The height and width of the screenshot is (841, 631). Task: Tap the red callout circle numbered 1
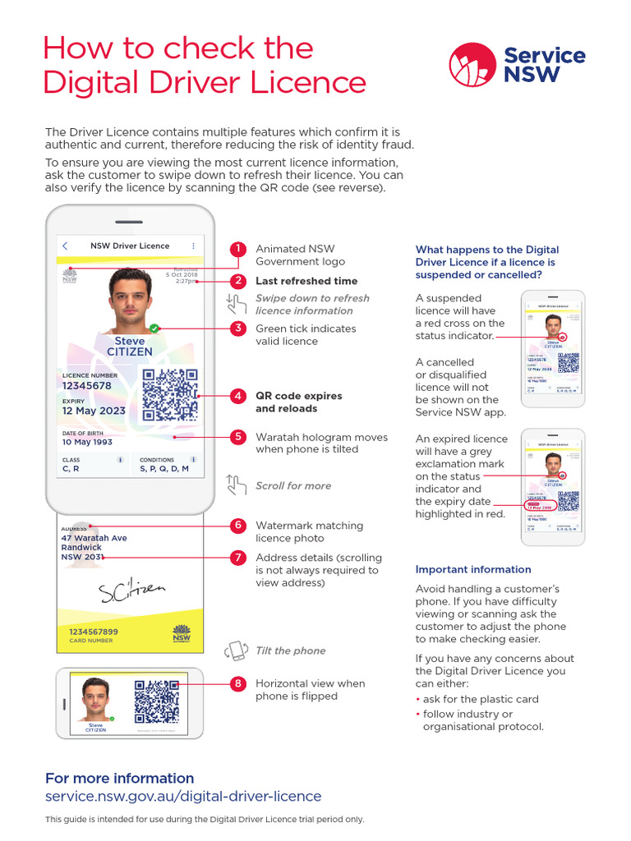[x=237, y=249]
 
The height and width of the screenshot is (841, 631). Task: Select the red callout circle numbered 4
[x=237, y=396]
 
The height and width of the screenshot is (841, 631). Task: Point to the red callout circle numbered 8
[x=237, y=683]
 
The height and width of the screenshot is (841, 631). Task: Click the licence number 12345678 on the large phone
[x=87, y=385]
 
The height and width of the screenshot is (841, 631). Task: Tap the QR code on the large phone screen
[x=170, y=394]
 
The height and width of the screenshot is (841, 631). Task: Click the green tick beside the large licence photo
[x=154, y=328]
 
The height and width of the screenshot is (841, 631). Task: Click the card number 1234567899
[x=94, y=631]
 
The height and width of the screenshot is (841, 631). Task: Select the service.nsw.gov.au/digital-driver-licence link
[x=183, y=796]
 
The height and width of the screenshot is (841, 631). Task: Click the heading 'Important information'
[x=473, y=569]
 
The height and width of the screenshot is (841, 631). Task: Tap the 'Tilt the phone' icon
[x=237, y=650]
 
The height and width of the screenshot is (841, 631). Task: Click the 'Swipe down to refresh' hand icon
[x=237, y=305]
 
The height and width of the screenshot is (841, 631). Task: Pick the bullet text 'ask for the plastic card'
[x=481, y=699]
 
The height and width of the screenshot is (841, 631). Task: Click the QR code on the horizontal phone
[x=157, y=701]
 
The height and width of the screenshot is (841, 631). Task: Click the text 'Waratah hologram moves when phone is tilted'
[x=321, y=443]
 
